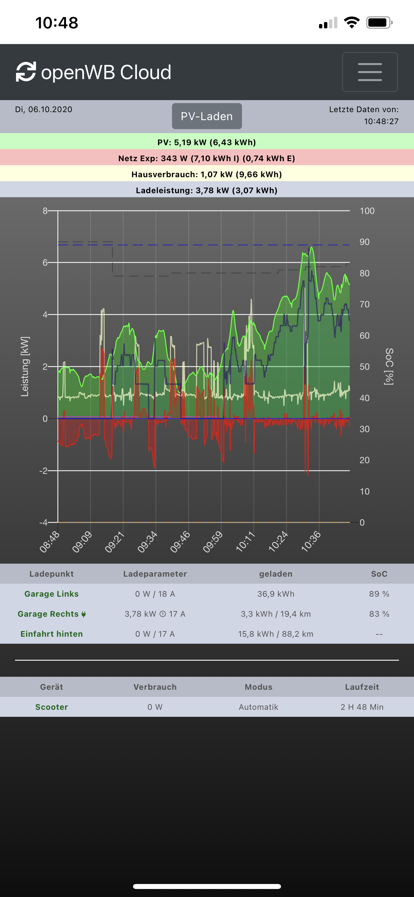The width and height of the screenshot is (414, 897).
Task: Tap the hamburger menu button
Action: point(369,72)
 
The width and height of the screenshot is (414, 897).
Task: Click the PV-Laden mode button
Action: point(207,116)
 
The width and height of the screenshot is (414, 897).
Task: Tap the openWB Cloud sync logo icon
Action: point(26,72)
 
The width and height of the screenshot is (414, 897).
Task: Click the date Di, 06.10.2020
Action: point(43,109)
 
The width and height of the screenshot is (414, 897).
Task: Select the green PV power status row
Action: point(207,142)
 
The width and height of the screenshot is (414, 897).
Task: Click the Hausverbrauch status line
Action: point(207,174)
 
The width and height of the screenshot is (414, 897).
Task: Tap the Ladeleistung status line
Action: point(207,190)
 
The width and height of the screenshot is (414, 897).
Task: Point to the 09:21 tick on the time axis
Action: point(114,542)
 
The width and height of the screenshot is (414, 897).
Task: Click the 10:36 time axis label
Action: point(311,542)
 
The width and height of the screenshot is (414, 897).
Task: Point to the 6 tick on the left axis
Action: point(45,263)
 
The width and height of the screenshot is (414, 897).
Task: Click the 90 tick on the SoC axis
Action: point(364,242)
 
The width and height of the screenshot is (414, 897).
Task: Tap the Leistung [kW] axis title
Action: point(25,366)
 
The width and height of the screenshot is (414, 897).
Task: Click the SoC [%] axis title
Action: point(389,366)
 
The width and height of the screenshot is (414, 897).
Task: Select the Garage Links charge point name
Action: point(51,594)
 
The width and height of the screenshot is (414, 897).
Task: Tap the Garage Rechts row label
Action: point(48,614)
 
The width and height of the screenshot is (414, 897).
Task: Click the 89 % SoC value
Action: point(379,594)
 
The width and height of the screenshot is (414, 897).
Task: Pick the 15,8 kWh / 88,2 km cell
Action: point(276,634)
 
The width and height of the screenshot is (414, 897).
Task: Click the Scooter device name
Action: point(51,707)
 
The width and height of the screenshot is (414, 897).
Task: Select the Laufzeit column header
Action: point(362,687)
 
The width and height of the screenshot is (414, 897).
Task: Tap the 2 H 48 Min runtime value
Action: point(362,707)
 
